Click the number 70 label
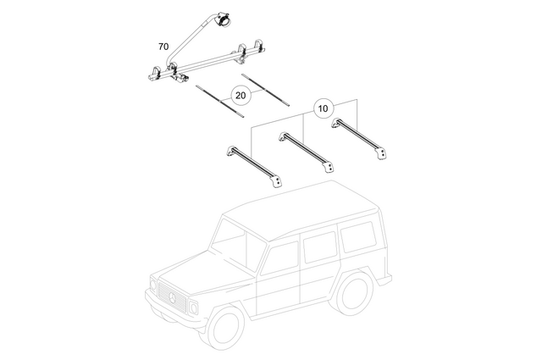click(163, 46)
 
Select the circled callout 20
click(241, 96)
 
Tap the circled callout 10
click(322, 108)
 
